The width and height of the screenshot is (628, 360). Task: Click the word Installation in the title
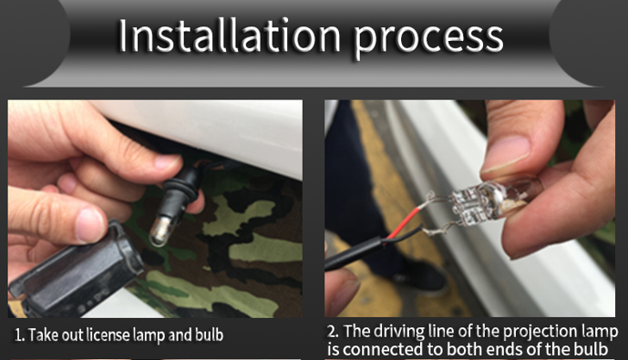coord(229,36)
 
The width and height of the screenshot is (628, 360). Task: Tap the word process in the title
coord(427,39)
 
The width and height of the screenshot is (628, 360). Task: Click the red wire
coord(402,223)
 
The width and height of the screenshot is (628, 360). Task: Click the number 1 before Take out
coord(18,335)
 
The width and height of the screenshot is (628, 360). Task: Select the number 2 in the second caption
coord(333,332)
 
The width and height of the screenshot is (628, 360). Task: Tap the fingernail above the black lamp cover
coord(89,225)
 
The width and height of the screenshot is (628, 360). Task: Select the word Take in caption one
coord(43,334)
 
